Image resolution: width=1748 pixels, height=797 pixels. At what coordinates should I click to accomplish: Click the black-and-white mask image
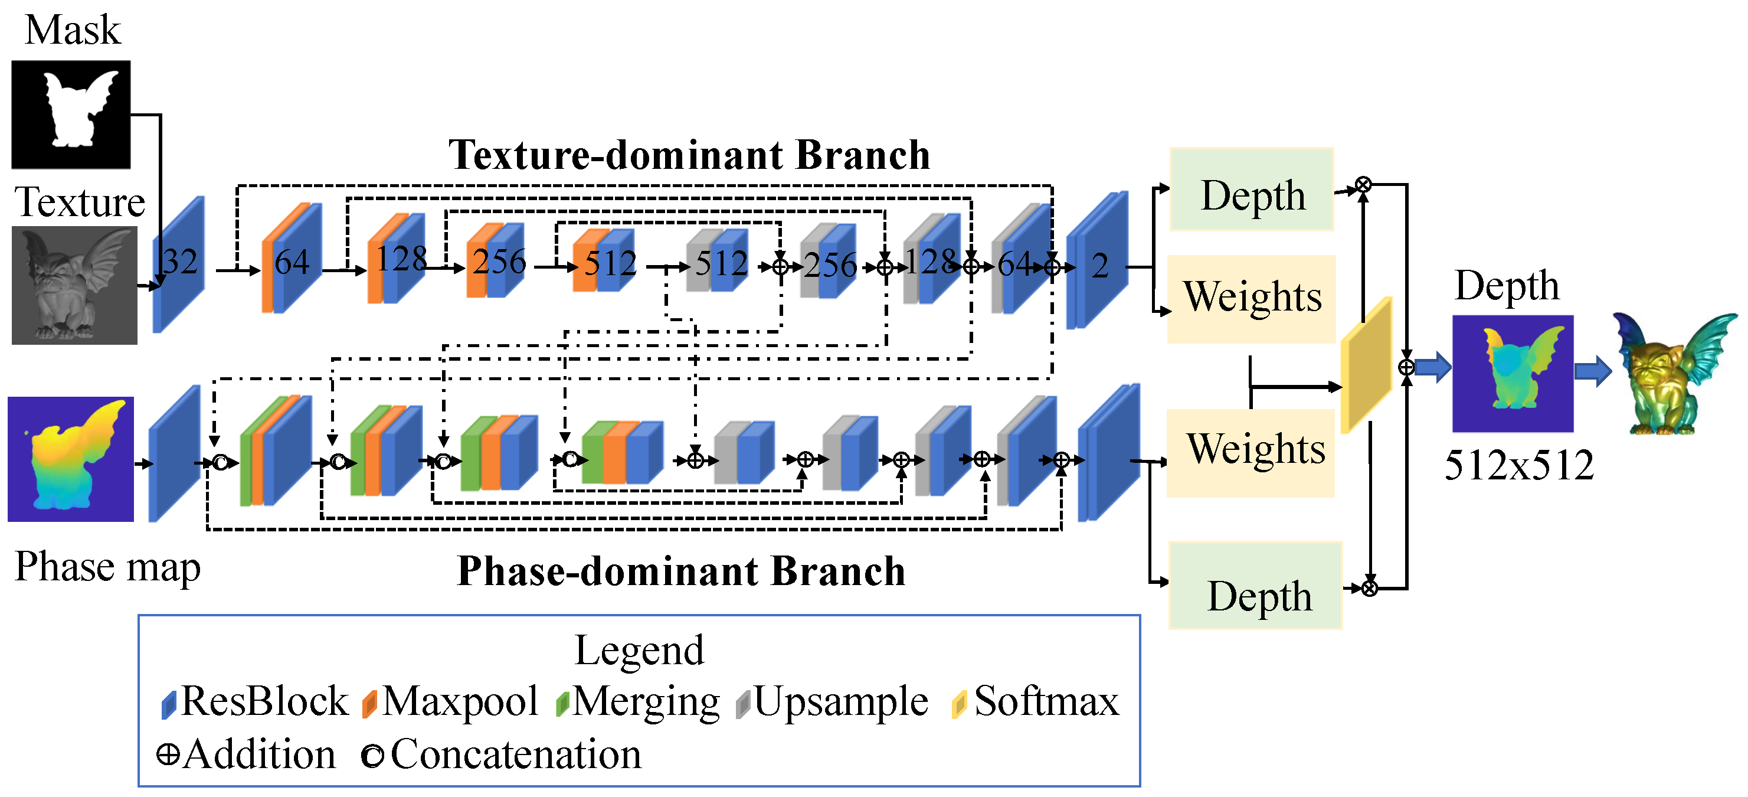[71, 114]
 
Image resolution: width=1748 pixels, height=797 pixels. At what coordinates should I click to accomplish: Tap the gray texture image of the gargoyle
[74, 285]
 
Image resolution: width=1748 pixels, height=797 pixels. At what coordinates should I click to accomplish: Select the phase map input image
[71, 459]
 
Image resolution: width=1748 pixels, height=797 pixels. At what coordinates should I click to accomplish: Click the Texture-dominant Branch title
[689, 155]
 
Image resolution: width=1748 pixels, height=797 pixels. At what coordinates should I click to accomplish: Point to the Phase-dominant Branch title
[681, 571]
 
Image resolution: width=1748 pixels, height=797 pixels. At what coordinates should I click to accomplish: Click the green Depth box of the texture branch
[1252, 190]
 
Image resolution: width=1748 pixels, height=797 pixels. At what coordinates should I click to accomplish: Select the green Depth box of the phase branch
[1256, 586]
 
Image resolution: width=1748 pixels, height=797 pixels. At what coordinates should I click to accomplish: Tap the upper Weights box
[1252, 299]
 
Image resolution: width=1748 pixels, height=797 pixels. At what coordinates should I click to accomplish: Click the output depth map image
[1513, 373]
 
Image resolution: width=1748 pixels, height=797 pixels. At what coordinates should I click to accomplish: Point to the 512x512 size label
[1518, 466]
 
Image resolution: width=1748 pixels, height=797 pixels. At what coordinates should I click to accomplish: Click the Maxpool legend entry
[451, 701]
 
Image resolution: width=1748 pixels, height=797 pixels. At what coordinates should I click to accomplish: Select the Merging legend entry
[638, 701]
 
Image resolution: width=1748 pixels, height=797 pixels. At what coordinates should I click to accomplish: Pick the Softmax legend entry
[1036, 701]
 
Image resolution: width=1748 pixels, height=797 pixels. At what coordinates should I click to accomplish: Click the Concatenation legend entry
[502, 754]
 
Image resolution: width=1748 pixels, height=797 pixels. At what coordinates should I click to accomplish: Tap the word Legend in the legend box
[639, 651]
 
